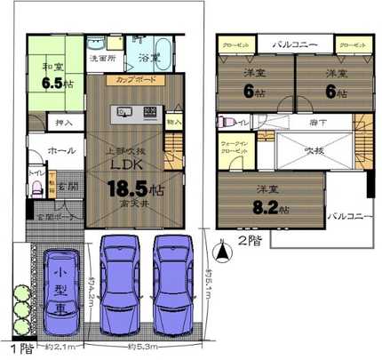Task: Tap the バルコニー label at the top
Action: coord(290,42)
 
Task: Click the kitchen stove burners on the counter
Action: coord(149,113)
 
